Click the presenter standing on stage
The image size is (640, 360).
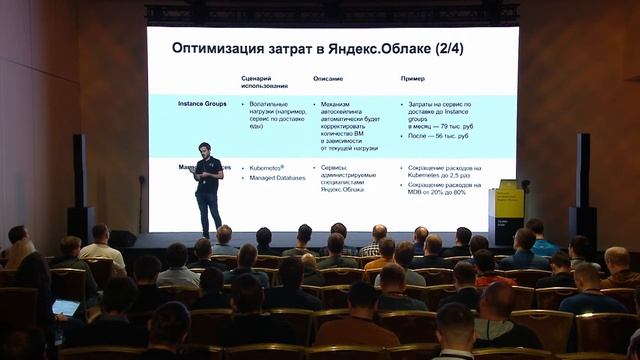pos(208,184)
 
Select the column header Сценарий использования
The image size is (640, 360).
pos(262,82)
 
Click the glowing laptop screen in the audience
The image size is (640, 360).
pos(65,306)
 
